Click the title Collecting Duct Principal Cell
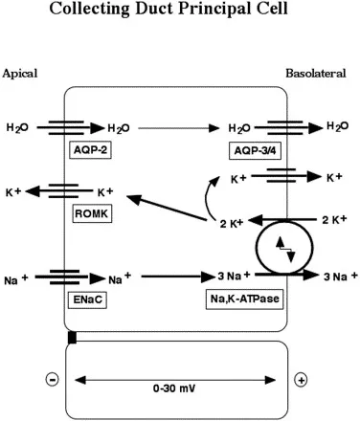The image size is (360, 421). [180, 11]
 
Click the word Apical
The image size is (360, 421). [22, 74]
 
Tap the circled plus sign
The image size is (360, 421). [301, 380]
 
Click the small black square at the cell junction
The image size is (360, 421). [72, 337]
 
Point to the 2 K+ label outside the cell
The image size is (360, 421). [331, 220]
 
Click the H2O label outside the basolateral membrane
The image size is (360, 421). [337, 126]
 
